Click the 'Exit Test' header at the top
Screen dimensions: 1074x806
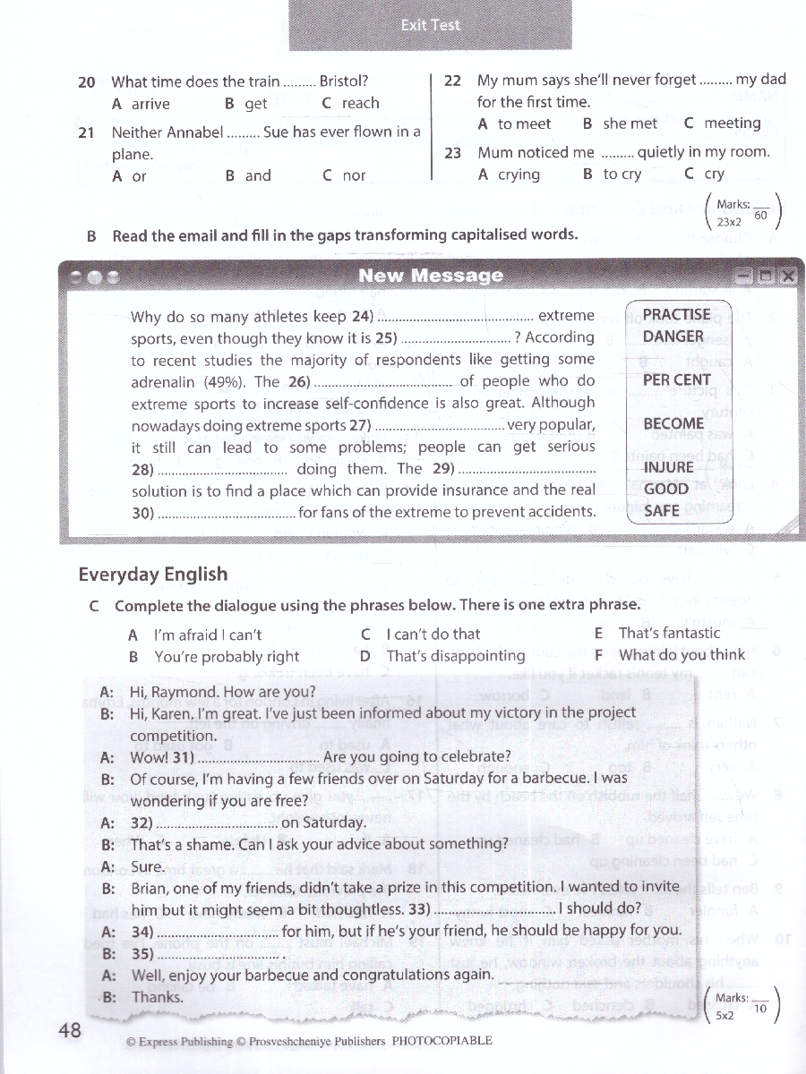[x=431, y=25]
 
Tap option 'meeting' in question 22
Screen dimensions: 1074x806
[x=732, y=124]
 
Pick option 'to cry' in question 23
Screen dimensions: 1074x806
[x=622, y=175]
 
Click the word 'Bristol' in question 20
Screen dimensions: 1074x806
[x=341, y=81]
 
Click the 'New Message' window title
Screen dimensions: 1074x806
[x=431, y=276]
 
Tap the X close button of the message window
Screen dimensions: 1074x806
[x=787, y=277]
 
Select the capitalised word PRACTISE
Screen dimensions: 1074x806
[x=677, y=315]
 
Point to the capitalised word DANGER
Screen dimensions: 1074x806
[x=673, y=337]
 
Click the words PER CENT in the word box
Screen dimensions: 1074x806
[x=677, y=379]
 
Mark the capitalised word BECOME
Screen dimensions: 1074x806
[x=673, y=423]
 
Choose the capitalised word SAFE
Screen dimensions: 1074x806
[x=662, y=510]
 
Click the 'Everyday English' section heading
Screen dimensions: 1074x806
[x=153, y=575]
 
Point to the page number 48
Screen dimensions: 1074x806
[x=70, y=1030]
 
